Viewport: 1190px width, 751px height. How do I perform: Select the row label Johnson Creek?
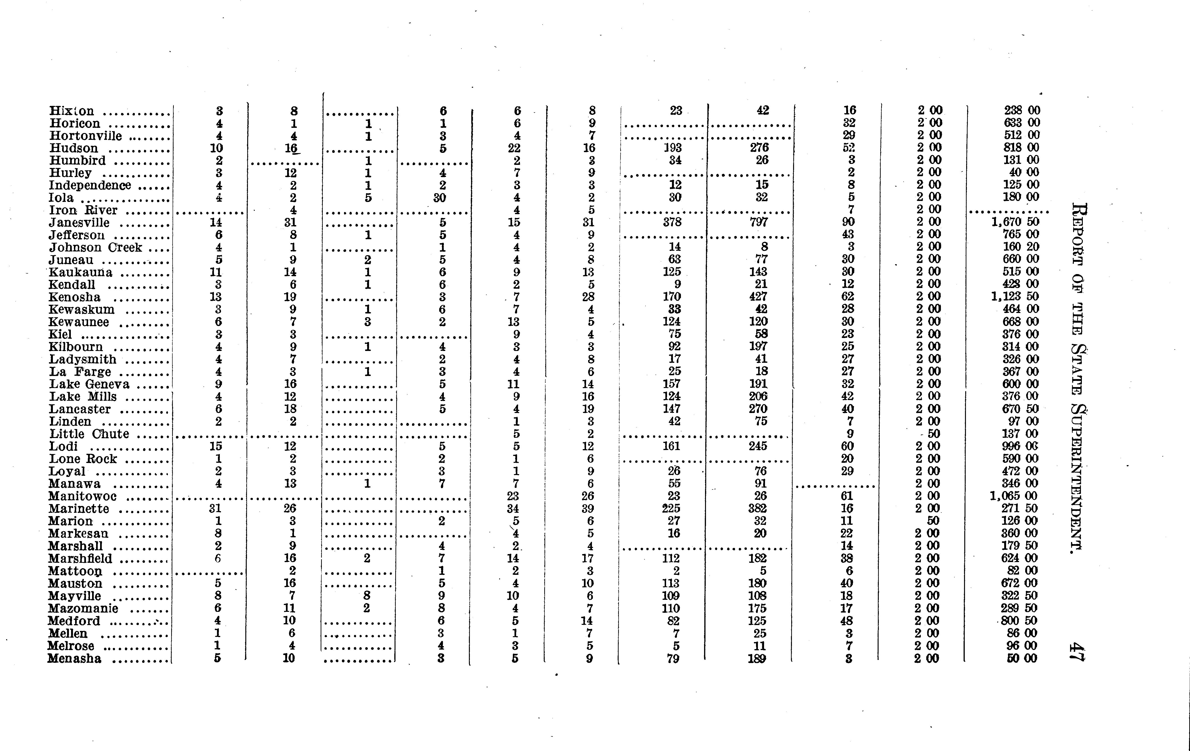(95, 247)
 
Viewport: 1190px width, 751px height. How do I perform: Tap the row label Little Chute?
(89, 434)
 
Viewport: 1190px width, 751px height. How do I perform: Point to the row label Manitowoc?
(83, 496)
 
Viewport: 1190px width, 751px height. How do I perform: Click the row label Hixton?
(72, 111)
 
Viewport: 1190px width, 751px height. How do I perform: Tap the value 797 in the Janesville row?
(759, 222)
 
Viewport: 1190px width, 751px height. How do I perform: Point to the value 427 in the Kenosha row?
(758, 296)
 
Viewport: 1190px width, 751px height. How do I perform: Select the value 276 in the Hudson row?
(760, 148)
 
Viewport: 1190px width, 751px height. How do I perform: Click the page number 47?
(1076, 652)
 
